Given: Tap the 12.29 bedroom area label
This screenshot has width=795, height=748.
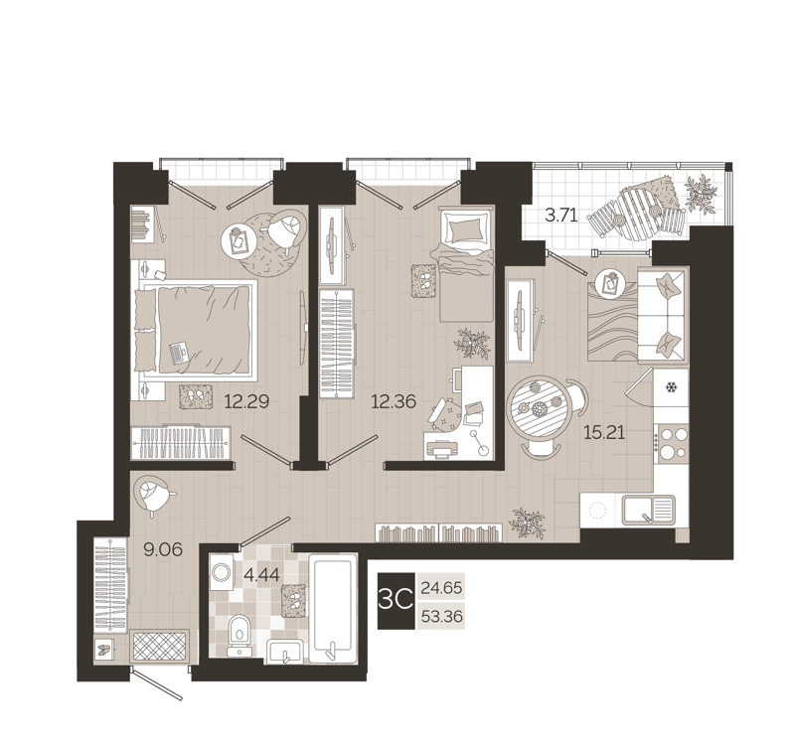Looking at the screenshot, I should [x=247, y=402].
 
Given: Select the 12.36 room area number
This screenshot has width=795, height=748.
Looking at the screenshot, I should [x=393, y=402].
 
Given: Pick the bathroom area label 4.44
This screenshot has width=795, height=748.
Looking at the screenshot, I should [x=262, y=573].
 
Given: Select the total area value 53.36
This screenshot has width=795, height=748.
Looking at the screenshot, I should [x=442, y=617].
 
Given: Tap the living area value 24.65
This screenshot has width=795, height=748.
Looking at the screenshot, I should [x=442, y=588].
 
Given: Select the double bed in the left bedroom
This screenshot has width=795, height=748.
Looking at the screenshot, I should [x=197, y=328].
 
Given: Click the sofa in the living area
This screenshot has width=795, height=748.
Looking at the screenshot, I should [x=661, y=315].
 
